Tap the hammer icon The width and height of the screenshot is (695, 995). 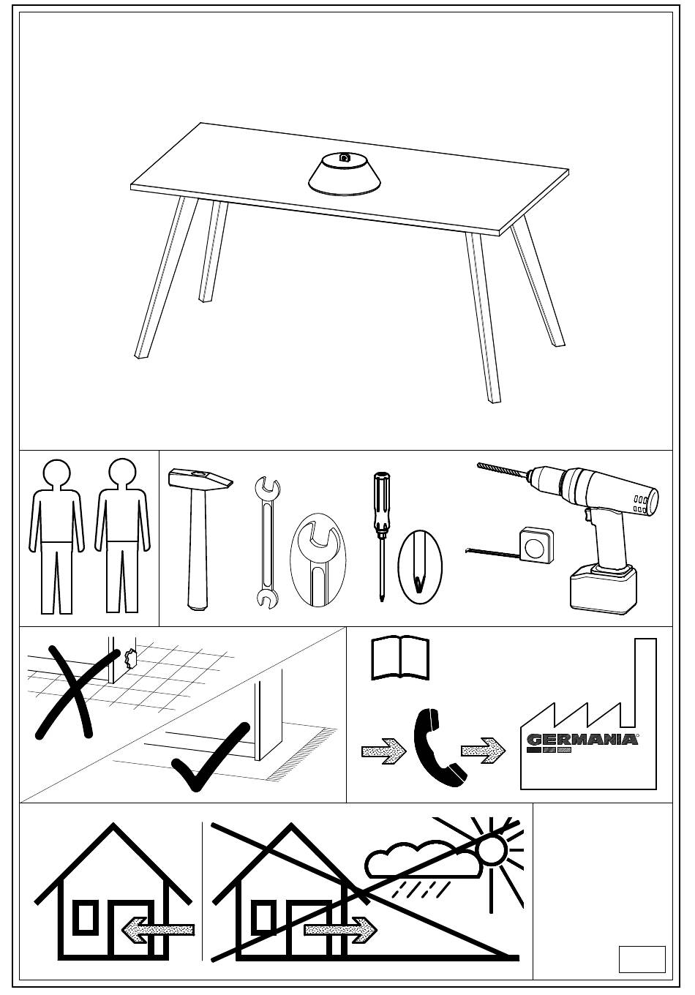(x=198, y=538)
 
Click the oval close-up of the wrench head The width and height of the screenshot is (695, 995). (x=318, y=560)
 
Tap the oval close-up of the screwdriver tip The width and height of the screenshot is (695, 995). (x=420, y=566)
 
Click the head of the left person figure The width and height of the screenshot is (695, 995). (x=56, y=474)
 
